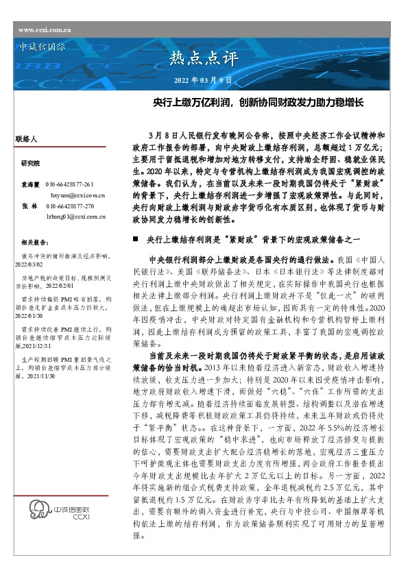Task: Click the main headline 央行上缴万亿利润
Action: pos(257,104)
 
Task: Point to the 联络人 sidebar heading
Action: pos(25,138)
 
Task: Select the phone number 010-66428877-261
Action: pos(69,185)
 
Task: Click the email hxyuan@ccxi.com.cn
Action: pos(76,195)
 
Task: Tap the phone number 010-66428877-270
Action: pos(69,206)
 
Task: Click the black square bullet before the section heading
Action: pos(136,238)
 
